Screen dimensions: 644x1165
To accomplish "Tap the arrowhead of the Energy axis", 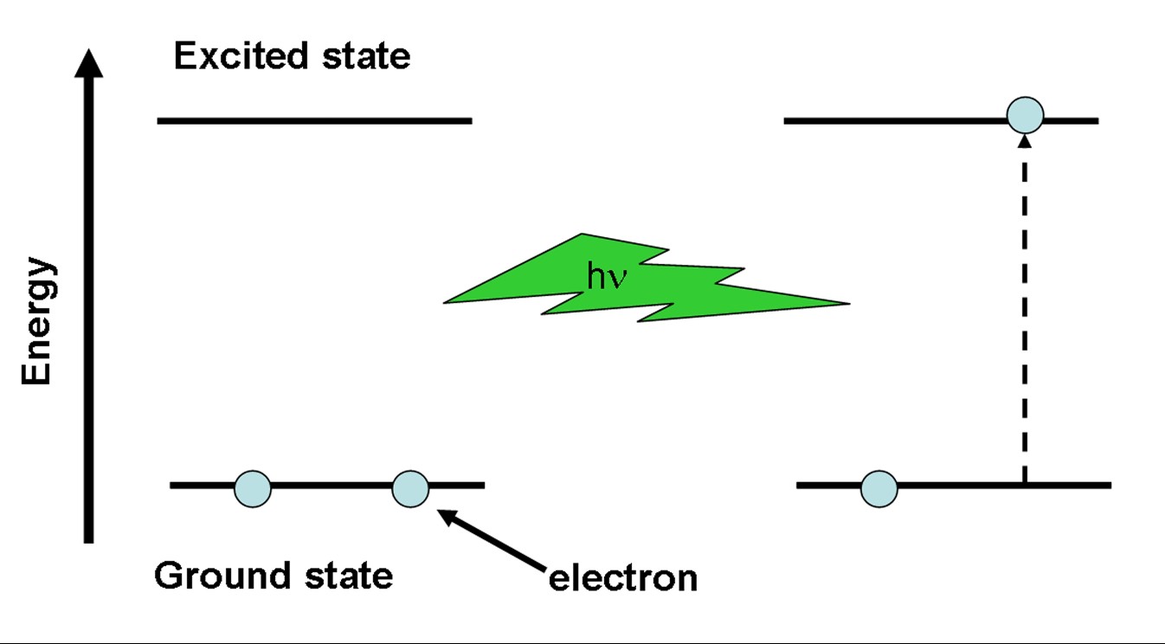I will [88, 63].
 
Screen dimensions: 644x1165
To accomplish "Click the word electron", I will [623, 577].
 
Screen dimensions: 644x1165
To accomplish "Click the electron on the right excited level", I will [1026, 115].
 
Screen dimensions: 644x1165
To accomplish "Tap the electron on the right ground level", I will [879, 488].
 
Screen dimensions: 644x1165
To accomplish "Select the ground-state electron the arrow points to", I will [410, 488].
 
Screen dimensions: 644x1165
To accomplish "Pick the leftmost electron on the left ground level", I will [253, 488].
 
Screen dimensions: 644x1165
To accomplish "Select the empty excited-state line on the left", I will [314, 120].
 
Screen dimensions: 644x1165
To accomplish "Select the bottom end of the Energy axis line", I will [88, 540].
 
